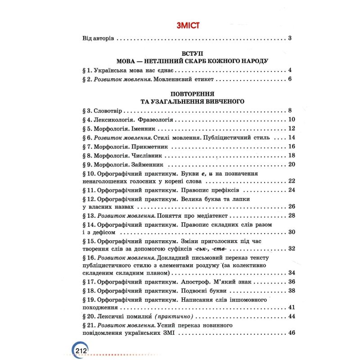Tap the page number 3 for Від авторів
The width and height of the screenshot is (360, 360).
coord(290,38)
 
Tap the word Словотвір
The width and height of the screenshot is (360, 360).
coord(108,111)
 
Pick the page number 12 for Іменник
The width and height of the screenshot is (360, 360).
coord(291,129)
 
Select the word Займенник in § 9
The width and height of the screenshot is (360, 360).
coord(146,165)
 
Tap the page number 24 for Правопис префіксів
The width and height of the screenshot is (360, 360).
coord(291,190)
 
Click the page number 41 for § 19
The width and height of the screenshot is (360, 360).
coord(291,308)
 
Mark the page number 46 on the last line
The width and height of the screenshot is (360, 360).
coord(291,333)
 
